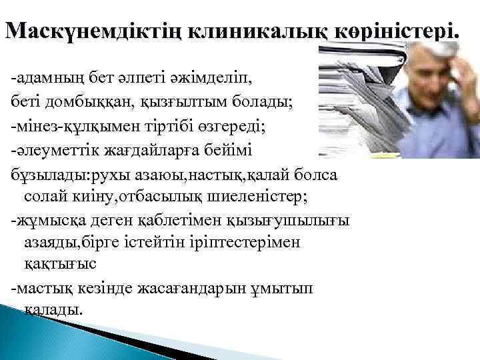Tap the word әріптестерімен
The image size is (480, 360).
[x=249, y=242]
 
